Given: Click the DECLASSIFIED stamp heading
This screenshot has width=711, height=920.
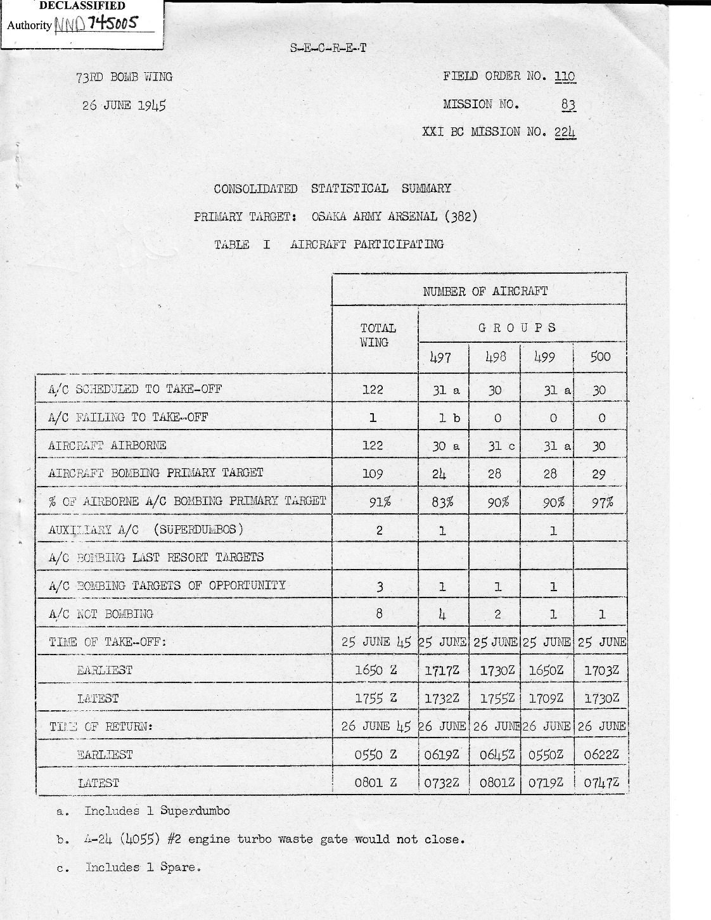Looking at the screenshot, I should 82,6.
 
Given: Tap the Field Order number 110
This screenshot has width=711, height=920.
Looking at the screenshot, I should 565,77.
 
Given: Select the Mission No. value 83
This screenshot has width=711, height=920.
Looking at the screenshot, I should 568,105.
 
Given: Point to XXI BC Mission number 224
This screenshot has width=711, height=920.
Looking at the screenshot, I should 565,132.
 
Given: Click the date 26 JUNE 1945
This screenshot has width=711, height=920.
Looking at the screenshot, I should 124,105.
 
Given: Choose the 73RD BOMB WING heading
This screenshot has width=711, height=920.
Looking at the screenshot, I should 124,77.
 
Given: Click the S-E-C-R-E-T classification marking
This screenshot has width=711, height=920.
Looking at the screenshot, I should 328,48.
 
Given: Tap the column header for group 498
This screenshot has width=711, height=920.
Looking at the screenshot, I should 495,357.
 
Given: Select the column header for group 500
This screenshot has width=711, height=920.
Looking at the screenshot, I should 600,357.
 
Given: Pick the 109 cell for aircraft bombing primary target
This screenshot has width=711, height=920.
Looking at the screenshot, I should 373,473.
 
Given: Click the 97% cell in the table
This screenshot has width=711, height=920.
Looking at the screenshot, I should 602,502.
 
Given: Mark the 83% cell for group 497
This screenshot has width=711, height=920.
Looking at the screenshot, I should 442,502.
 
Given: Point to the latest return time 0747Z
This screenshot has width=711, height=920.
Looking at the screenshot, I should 601,783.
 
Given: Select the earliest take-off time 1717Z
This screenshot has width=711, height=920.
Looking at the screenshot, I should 442,670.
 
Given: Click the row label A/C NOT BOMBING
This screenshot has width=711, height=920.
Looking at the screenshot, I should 101,614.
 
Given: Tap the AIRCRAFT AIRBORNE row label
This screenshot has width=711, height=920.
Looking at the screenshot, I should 107,445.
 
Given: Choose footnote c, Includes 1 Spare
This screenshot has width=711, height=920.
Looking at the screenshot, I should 143,867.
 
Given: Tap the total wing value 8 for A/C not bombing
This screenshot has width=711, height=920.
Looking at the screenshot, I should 379,613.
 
